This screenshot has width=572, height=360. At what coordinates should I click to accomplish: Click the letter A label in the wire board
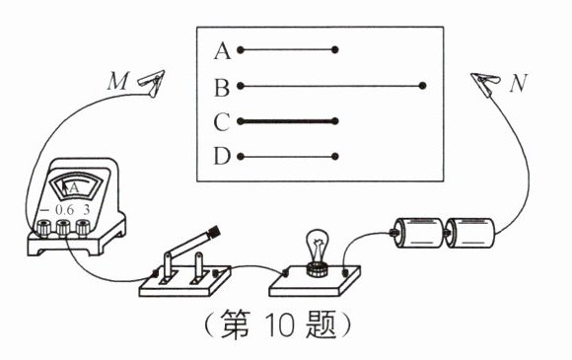point(221,48)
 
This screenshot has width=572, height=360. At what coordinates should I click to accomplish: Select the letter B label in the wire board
point(221,89)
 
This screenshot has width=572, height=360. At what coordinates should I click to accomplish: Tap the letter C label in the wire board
point(221,123)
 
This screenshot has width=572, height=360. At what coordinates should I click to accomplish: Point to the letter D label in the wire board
point(221,157)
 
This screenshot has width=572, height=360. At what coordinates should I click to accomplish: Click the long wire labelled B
point(331,88)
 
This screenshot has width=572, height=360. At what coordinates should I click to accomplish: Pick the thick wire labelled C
point(288,123)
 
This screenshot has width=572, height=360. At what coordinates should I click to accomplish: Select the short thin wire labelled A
point(288,48)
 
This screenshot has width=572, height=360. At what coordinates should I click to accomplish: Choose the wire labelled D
point(288,156)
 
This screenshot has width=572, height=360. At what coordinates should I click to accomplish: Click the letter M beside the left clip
point(116,82)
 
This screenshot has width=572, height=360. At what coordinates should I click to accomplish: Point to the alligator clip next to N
point(486,78)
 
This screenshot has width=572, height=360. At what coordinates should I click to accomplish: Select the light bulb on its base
point(317,249)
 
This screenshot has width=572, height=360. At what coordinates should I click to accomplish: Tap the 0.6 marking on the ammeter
point(65,210)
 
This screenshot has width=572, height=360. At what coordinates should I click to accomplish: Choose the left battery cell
point(418,235)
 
